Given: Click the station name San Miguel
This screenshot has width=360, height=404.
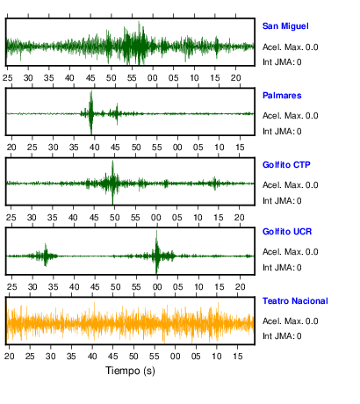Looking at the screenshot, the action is pyautogui.click(x=285, y=26).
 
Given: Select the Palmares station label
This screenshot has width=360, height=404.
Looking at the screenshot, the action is pyautogui.click(x=282, y=96).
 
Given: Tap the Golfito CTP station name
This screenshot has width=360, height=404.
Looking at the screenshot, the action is pyautogui.click(x=286, y=165).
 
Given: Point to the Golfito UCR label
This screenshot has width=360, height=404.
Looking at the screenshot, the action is pyautogui.click(x=287, y=232).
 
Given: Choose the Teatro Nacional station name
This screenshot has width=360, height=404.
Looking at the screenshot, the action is pyautogui.click(x=295, y=301).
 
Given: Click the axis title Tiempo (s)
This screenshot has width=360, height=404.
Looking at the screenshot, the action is pyautogui.click(x=130, y=371).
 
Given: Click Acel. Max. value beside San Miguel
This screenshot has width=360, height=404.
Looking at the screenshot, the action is pyautogui.click(x=291, y=47).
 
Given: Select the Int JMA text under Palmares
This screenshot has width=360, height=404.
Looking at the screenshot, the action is pyautogui.click(x=282, y=132).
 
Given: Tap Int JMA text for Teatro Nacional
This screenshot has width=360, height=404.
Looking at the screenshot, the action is pyautogui.click(x=282, y=335).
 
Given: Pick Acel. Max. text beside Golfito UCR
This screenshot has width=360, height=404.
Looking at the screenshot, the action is pyautogui.click(x=291, y=252).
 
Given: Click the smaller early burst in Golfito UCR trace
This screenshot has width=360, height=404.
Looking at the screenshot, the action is pyautogui.click(x=46, y=255).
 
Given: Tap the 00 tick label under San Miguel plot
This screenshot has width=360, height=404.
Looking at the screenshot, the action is pyautogui.click(x=153, y=78).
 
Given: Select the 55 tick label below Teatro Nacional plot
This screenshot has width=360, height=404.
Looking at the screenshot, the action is pyautogui.click(x=155, y=357).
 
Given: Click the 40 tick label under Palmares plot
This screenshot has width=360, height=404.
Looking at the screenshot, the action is pyautogui.click(x=94, y=148).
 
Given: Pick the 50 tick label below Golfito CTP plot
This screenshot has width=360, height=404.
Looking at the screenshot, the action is pyautogui.click(x=114, y=218).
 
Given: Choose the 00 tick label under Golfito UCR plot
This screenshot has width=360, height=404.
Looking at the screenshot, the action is pyautogui.click(x=157, y=287).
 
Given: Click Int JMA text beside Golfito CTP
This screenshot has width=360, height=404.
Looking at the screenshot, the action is pyautogui.click(x=282, y=201).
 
